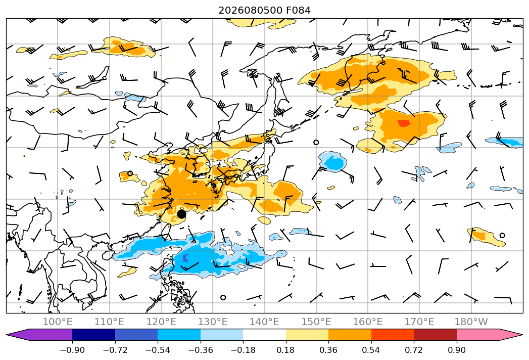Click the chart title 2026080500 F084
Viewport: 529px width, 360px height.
(264, 11)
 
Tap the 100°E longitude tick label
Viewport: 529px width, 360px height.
(58, 322)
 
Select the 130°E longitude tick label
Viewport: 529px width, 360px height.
(213, 322)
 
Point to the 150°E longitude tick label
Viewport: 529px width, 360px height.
(316, 322)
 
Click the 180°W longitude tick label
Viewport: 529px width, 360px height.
(471, 322)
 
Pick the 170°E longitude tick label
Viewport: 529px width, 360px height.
(419, 322)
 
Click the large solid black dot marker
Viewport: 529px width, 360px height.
(181, 214)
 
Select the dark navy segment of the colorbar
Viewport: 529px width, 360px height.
(93, 335)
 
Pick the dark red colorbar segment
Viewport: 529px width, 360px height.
(435, 335)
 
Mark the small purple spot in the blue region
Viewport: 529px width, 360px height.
(185, 258)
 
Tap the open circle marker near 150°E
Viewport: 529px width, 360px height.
(316, 142)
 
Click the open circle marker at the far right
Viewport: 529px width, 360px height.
(502, 236)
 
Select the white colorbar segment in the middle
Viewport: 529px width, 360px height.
(264, 335)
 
